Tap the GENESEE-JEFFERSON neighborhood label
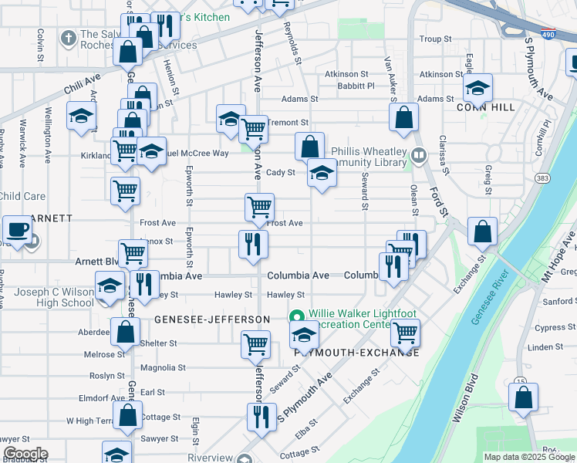212,319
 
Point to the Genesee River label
489,298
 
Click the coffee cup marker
18,228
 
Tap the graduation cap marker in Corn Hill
477,87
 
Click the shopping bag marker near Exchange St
482,230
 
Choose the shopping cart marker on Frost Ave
259,207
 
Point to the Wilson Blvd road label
468,403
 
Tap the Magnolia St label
170,369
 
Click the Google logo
25,454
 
